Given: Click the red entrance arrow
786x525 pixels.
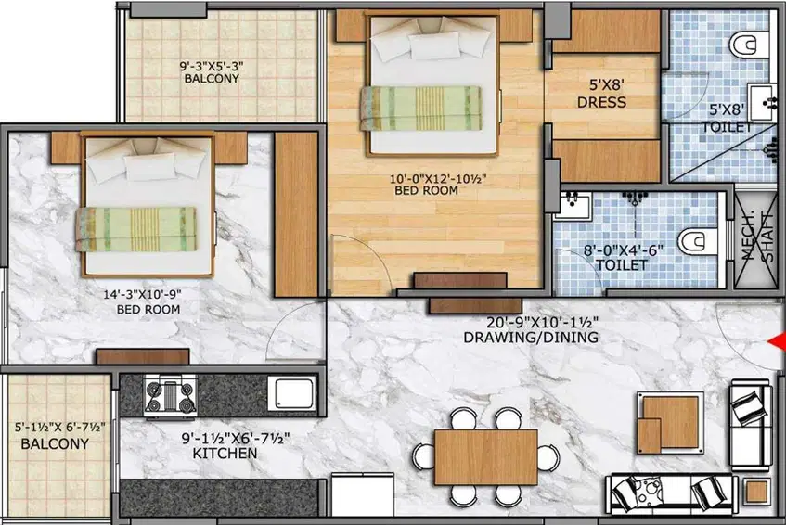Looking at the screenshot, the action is (x=778, y=341).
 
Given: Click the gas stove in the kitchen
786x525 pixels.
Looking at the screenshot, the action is (x=170, y=396).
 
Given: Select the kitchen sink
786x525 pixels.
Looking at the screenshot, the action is (x=291, y=393).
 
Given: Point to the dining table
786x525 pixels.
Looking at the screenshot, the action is (x=485, y=456).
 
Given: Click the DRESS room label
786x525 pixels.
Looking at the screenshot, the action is (x=601, y=102).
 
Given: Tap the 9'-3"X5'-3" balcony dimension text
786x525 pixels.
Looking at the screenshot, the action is (x=211, y=66).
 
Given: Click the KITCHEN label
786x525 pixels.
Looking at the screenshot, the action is (x=225, y=454).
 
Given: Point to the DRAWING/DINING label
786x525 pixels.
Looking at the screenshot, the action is (x=531, y=337).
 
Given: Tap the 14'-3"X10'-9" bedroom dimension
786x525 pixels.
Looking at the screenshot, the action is (x=142, y=295).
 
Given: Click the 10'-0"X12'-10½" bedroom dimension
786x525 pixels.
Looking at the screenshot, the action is (x=438, y=178).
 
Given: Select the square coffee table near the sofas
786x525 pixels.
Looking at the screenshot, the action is (x=670, y=423).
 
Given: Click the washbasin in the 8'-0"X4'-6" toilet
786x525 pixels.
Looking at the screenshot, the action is (x=573, y=205).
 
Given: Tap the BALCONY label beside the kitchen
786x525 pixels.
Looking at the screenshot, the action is (x=55, y=444).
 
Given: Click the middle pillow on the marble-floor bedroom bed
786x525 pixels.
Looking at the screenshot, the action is (x=150, y=166).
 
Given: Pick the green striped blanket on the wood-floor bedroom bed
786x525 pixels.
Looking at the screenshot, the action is (x=420, y=109).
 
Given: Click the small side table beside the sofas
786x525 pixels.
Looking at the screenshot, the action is (x=756, y=492).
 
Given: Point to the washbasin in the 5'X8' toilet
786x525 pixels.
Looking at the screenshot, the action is (x=762, y=103).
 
